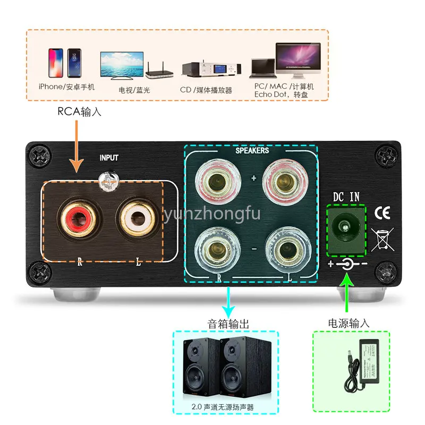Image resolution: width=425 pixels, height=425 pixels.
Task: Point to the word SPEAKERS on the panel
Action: pos(252,150)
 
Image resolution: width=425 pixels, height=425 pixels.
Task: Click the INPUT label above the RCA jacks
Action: pos(109,157)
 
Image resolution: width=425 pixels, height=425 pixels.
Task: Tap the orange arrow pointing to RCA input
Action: pos(78,146)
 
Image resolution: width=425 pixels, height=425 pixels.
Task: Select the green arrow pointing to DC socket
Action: pos(347,297)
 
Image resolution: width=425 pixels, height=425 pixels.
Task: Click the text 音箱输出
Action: pos(228,323)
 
